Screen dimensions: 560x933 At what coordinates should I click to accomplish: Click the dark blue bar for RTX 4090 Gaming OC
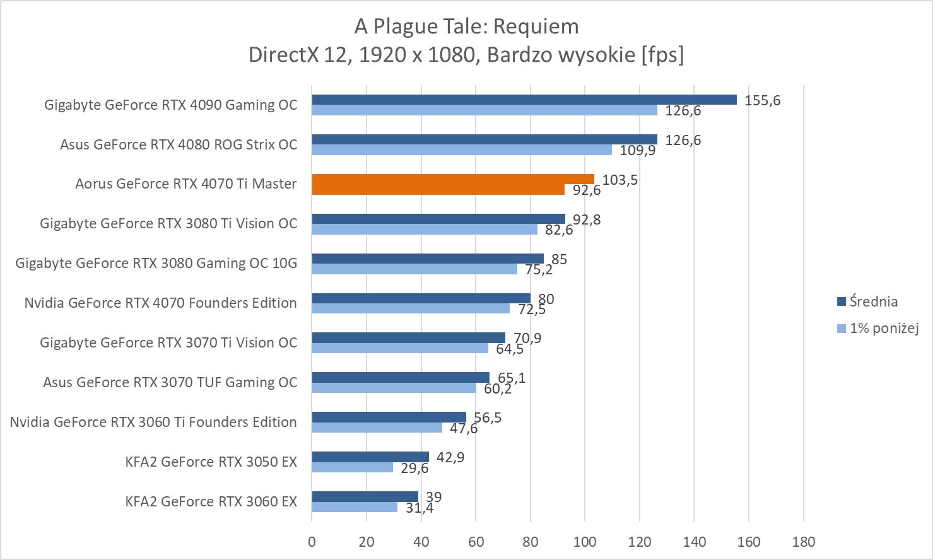click(524, 100)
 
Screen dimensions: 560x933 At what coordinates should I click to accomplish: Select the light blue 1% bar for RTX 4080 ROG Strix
click(461, 150)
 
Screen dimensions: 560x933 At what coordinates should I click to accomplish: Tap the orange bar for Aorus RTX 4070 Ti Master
click(452, 184)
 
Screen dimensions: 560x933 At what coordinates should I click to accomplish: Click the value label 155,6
click(762, 100)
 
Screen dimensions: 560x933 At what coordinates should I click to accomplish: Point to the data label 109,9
click(638, 151)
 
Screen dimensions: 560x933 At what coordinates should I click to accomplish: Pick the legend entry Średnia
click(873, 301)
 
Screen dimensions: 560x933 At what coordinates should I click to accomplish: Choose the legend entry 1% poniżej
click(883, 328)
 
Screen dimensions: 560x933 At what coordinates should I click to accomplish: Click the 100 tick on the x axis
click(585, 542)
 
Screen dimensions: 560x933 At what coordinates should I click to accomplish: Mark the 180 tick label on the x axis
click(803, 542)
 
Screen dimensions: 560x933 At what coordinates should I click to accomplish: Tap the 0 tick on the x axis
click(312, 542)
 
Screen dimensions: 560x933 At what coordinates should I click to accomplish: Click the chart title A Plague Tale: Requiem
click(466, 26)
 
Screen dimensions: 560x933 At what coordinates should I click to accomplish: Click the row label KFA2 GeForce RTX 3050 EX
click(211, 462)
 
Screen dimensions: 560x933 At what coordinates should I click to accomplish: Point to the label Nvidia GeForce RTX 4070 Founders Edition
click(160, 303)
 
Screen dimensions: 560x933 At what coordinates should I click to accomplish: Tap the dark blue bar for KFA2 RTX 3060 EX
click(365, 496)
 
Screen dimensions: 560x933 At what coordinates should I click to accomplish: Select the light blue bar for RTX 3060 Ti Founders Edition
click(377, 428)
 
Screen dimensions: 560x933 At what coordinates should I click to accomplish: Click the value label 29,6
click(414, 468)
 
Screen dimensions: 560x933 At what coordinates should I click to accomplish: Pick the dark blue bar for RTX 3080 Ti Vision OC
click(438, 219)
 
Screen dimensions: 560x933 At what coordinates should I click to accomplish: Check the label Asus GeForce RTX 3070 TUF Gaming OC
click(170, 382)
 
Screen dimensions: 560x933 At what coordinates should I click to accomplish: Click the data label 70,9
click(527, 338)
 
